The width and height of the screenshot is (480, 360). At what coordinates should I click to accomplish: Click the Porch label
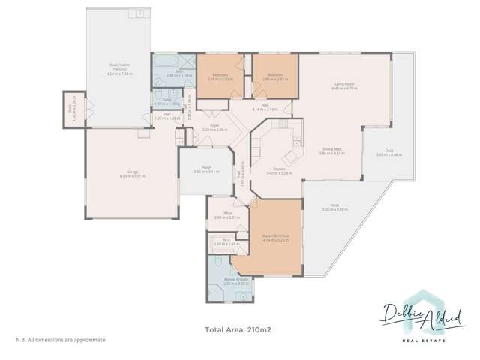205,169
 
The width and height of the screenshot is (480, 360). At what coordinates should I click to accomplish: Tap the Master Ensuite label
235,281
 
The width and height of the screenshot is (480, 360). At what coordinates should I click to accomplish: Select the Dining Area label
331,150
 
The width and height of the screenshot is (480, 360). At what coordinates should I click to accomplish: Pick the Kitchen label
277,170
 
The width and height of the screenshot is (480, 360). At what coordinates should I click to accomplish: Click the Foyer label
216,128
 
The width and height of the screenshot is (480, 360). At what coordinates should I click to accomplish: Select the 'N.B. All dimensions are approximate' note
61,340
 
